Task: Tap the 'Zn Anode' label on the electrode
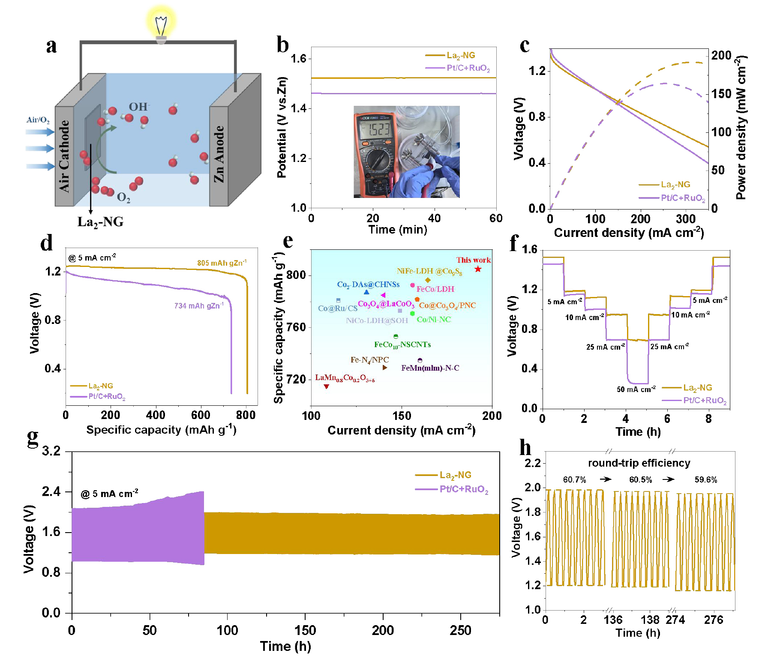pyautogui.click(x=219, y=154)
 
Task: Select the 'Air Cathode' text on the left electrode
pyautogui.click(x=64, y=156)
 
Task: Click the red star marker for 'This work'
pyautogui.click(x=478, y=269)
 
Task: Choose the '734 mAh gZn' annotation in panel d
pyautogui.click(x=198, y=306)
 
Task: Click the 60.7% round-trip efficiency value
pyautogui.click(x=574, y=479)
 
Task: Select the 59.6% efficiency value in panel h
pyautogui.click(x=705, y=479)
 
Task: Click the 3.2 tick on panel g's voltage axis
pyautogui.click(x=51, y=451)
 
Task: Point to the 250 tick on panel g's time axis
pyautogui.click(x=460, y=630)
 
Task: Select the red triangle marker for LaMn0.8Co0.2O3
pyautogui.click(x=327, y=386)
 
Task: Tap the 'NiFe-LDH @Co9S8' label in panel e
pyautogui.click(x=429, y=271)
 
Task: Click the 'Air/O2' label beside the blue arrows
pyautogui.click(x=38, y=120)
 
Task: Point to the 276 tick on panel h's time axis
pyautogui.click(x=713, y=620)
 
